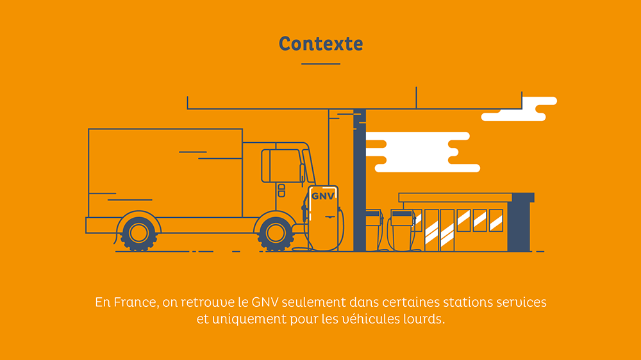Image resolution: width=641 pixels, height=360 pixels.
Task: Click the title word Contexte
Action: tap(320, 44)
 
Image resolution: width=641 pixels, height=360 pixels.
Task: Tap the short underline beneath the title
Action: tap(320, 64)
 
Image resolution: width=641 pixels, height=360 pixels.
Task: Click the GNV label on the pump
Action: tap(323, 196)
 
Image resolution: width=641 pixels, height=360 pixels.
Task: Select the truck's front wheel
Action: tap(276, 233)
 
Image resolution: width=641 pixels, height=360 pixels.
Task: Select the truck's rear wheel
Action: tap(138, 233)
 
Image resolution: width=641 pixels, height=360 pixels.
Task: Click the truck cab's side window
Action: tap(281, 165)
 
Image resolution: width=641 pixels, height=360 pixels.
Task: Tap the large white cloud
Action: tap(423, 152)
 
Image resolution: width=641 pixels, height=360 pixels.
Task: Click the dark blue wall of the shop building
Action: tap(519, 224)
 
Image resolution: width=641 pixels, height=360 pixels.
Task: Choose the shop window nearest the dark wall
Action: tap(496, 220)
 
